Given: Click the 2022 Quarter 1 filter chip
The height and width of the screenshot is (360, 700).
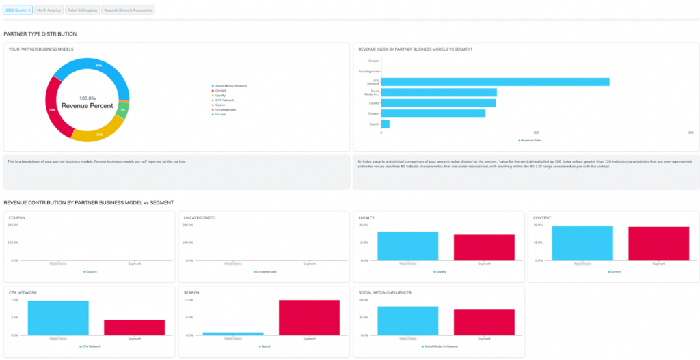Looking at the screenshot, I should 18,10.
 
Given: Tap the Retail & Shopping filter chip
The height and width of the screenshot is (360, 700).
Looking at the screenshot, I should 82,10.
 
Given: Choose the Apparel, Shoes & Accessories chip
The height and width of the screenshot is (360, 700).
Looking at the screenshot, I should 128,10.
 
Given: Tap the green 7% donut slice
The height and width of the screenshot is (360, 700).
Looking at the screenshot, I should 122,110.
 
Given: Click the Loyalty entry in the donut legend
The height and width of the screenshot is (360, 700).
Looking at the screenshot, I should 221,95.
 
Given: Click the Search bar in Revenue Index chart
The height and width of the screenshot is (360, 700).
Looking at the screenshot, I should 386,124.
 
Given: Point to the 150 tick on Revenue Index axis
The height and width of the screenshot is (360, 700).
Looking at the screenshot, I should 536,133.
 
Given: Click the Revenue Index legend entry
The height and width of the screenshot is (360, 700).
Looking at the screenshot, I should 530,140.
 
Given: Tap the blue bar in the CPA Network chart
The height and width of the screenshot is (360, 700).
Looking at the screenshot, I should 58,318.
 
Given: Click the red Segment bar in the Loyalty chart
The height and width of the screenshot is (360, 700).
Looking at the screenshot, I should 484,247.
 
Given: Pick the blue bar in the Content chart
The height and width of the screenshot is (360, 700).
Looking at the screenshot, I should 582,243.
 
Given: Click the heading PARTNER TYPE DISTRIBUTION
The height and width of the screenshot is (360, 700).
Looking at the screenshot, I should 40,33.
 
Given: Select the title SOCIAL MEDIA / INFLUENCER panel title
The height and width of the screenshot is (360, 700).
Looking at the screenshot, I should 386,292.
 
